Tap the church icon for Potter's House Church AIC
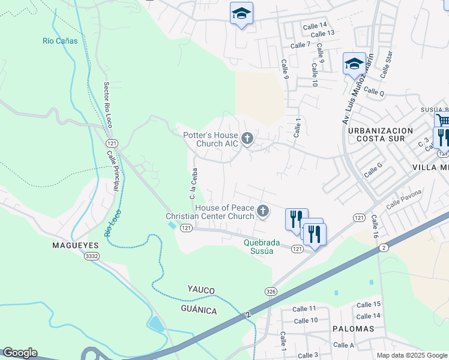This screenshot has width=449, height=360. (247, 140)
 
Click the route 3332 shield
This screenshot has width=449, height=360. (91, 256)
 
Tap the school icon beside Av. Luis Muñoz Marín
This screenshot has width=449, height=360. (354, 64)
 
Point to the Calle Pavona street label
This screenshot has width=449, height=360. (404, 199)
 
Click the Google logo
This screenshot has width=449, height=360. (20, 353)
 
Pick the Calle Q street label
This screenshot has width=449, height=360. (373, 92)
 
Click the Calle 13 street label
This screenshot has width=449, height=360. (322, 33)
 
